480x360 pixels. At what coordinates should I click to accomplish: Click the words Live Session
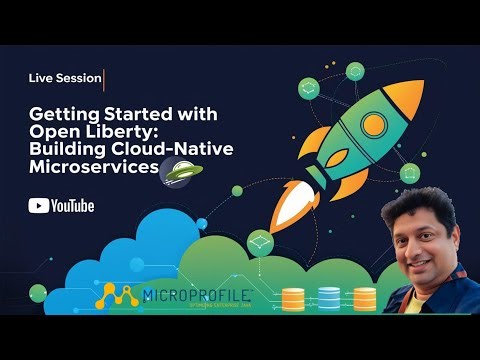point(64,78)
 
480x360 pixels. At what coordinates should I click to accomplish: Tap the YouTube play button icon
point(39,206)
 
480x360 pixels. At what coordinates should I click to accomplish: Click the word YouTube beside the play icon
point(72,206)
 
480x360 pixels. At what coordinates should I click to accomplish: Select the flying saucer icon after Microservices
point(182,169)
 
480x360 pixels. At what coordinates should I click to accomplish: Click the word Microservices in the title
point(94,167)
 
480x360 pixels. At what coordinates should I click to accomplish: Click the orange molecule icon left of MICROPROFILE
point(119,296)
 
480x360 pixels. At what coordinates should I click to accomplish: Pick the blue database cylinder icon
point(329,298)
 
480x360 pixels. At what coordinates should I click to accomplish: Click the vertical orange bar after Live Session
point(104,78)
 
